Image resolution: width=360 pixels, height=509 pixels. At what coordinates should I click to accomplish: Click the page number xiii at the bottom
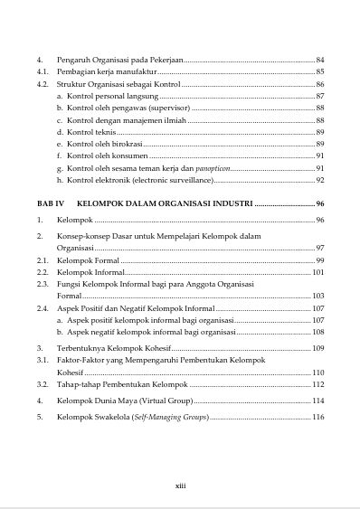click(180, 486)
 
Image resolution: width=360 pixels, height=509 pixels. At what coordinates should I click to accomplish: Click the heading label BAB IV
click(48, 203)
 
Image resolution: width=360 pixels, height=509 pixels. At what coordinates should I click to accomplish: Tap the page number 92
click(319, 180)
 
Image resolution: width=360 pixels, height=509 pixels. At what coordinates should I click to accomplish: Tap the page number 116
click(317, 417)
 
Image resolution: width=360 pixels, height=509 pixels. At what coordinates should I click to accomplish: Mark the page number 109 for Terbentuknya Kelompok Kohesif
click(317, 348)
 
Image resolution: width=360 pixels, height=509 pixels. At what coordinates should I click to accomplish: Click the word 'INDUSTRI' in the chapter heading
click(226, 203)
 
